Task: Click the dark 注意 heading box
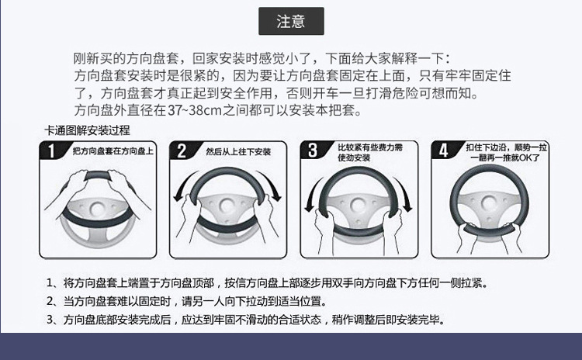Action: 291,21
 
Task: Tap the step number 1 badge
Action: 51,151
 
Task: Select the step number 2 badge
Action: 182,151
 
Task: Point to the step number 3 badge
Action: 313,151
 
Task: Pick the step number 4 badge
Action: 444,151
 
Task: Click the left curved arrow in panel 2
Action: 182,185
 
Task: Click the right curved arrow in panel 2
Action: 273,185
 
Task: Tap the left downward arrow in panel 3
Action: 312,195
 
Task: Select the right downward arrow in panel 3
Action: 404,195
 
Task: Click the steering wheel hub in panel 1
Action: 97,208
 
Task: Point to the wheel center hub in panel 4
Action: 490,203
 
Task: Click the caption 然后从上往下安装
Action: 238,151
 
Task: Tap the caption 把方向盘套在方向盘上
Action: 113,151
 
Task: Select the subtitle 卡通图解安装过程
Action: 88,130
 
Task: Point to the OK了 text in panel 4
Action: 530,157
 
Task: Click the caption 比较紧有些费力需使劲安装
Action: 370,153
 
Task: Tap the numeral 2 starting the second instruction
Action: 50,301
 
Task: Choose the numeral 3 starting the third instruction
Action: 50,319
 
